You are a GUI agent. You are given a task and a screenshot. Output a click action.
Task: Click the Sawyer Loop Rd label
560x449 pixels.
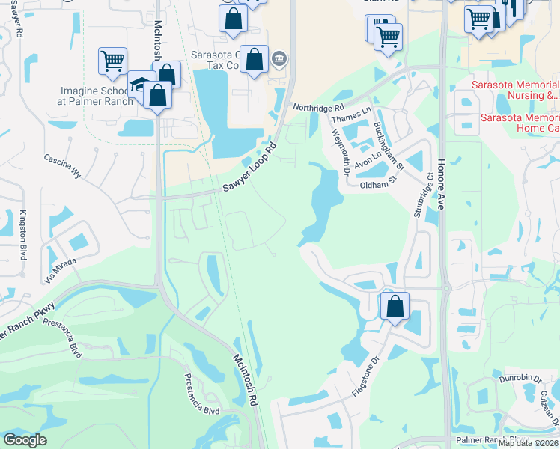[250, 167]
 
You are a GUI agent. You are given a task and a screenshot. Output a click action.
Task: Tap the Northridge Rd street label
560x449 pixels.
[317, 108]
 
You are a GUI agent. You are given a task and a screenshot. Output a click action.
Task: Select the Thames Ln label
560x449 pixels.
[350, 112]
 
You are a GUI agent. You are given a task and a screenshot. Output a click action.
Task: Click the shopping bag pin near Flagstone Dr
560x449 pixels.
[395, 306]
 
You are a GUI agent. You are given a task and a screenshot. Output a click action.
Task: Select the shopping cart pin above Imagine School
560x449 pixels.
[112, 61]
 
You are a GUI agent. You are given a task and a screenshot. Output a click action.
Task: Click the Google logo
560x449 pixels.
[25, 440]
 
